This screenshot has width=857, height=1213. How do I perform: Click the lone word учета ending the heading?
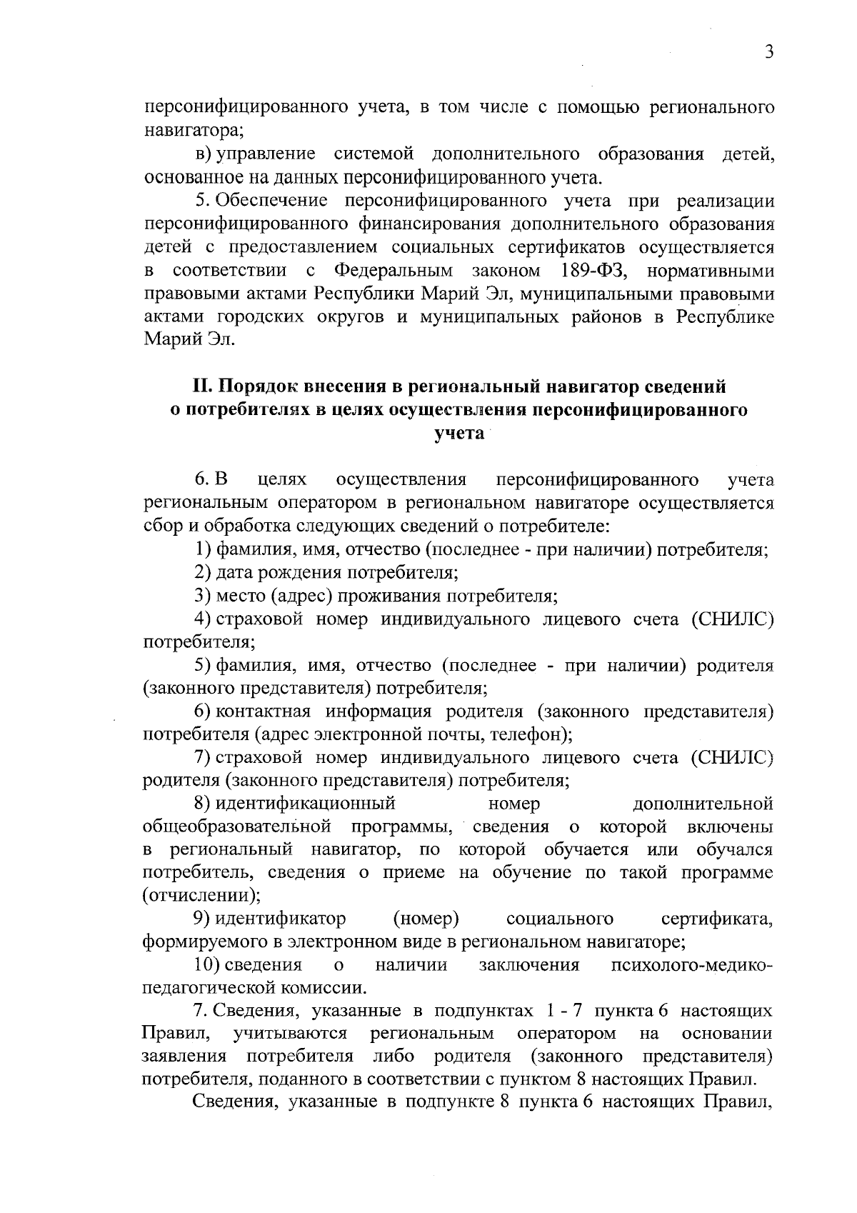[x=459, y=433]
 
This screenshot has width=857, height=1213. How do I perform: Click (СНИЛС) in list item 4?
[x=731, y=619]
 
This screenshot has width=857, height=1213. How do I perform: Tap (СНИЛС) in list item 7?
[x=731, y=757]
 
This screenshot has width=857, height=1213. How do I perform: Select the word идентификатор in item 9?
[x=281, y=918]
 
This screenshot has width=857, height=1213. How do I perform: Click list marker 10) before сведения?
[x=206, y=965]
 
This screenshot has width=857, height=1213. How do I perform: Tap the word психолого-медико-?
[x=692, y=965]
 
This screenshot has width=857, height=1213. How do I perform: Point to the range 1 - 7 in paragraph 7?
[x=565, y=1012]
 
